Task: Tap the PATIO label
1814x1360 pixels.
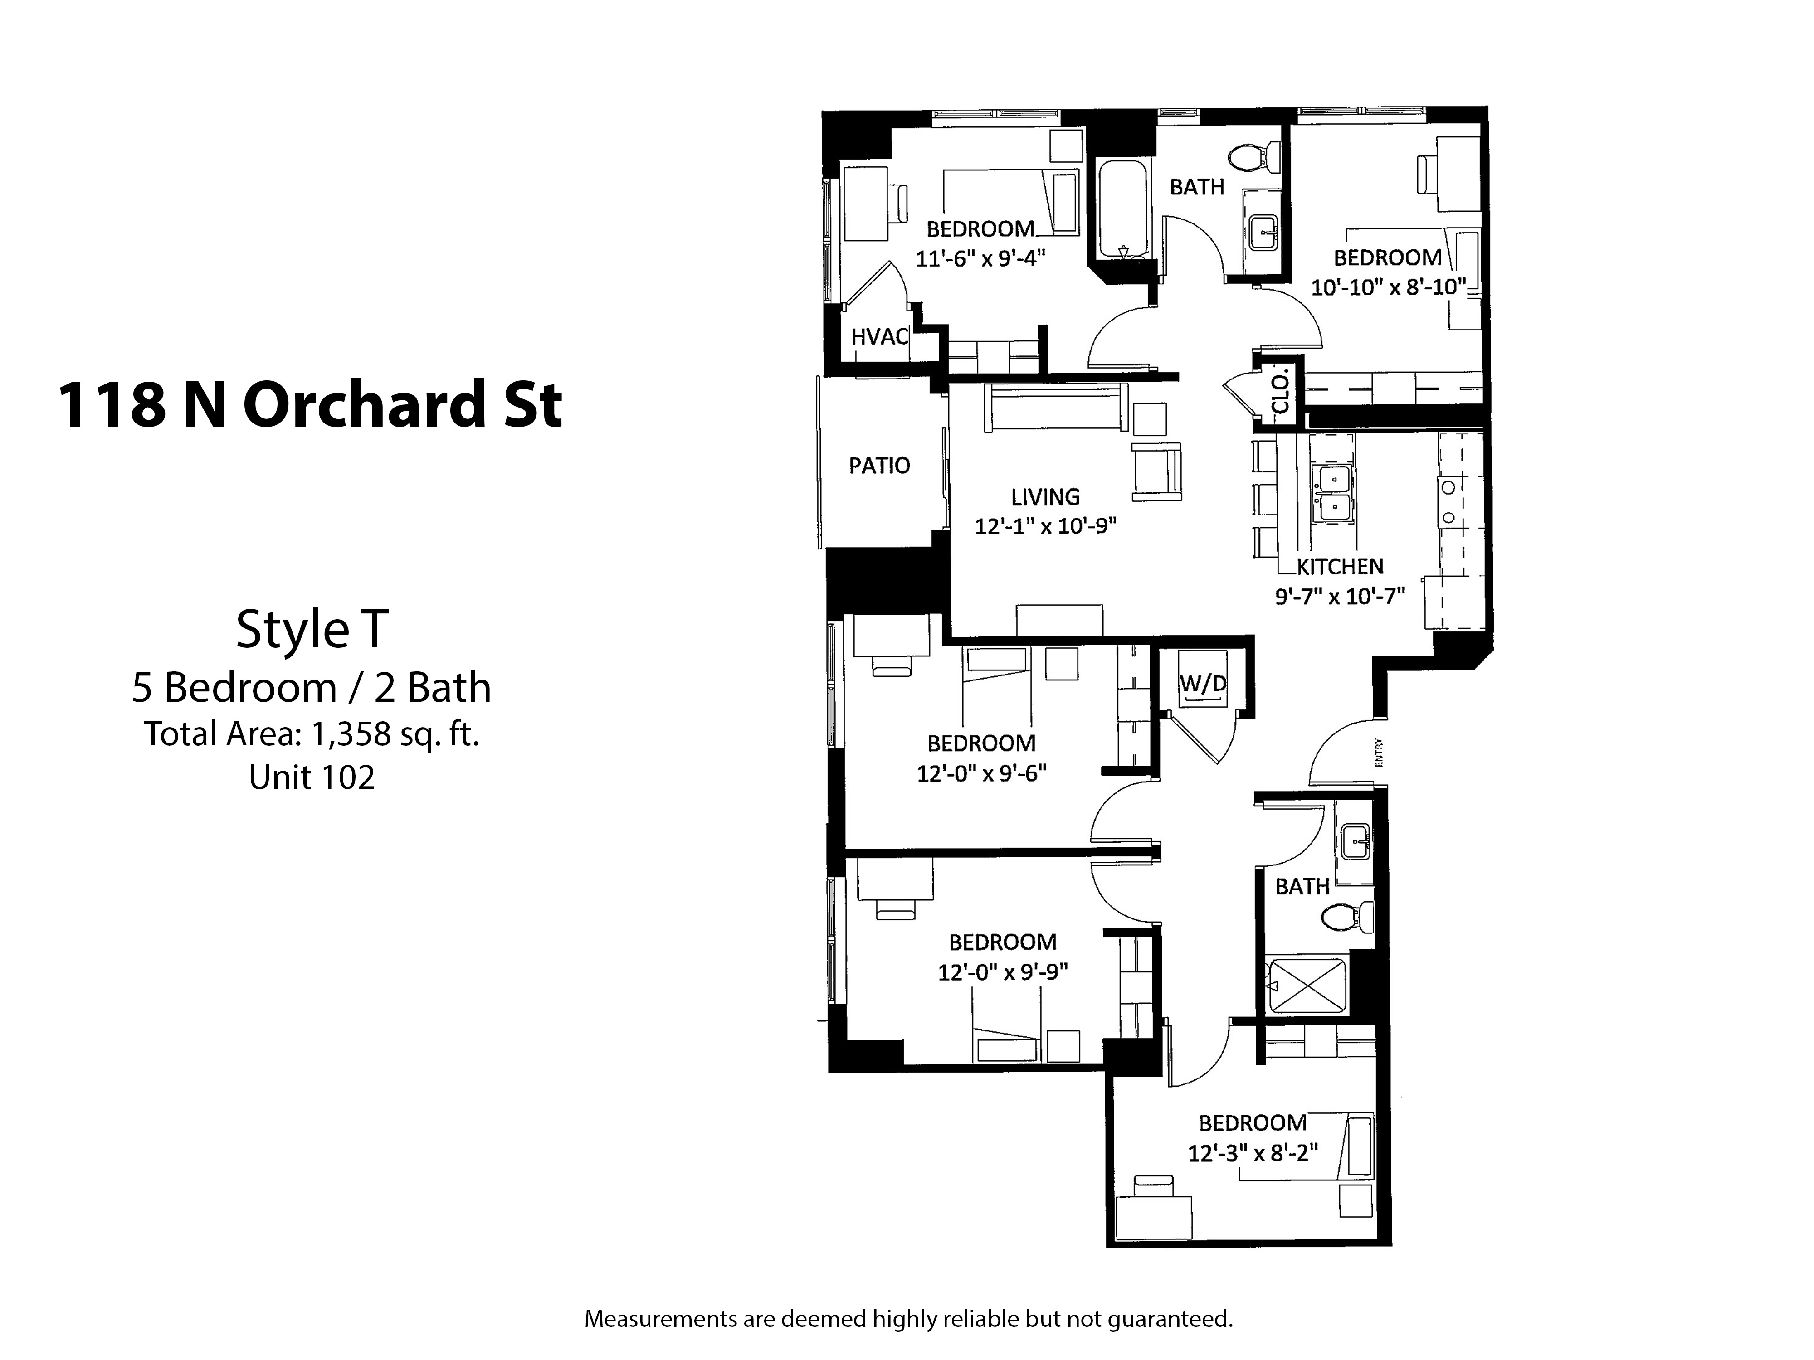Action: (x=879, y=466)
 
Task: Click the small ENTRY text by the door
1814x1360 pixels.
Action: (x=1380, y=753)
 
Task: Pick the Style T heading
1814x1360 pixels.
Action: (x=312, y=630)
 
